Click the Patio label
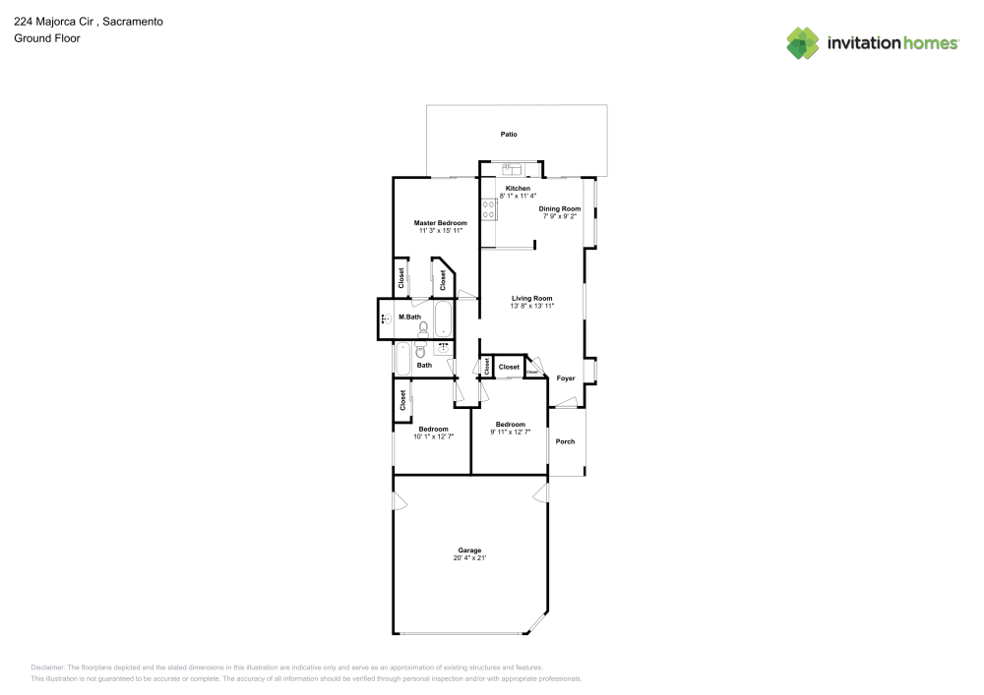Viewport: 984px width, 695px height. (508, 134)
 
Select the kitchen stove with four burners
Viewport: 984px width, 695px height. (487, 207)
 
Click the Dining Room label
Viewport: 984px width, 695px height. (559, 208)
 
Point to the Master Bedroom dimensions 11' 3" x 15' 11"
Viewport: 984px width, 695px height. (440, 232)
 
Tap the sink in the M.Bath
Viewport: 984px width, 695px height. (385, 319)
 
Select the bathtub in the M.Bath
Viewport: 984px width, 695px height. (444, 319)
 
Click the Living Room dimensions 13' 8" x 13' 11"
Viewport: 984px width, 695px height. (531, 307)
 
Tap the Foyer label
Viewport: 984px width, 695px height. (566, 378)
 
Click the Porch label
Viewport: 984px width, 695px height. (565, 441)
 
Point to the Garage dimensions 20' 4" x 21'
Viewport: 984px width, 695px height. (469, 558)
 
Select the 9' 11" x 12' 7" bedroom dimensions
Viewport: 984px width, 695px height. (510, 433)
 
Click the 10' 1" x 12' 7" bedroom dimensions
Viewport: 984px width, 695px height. (433, 436)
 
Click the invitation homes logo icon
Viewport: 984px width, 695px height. (802, 42)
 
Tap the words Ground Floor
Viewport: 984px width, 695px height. (47, 38)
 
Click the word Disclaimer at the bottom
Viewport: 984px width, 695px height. (47, 666)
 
